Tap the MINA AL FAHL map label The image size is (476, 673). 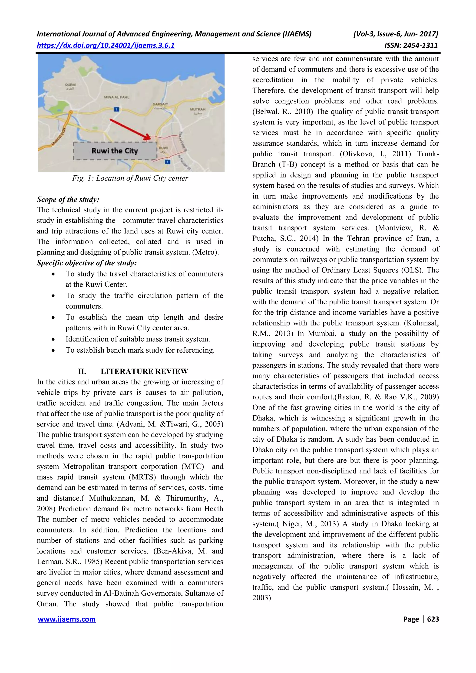[x=116, y=97]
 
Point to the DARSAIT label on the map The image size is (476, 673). [x=160, y=104]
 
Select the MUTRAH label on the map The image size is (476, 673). [x=198, y=109]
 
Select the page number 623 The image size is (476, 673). [x=433, y=619]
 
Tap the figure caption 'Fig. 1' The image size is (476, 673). [x=130, y=178]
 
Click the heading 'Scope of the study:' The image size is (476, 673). [x=68, y=199]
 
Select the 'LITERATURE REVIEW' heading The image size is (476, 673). [x=144, y=371]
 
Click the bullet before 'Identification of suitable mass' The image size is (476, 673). [x=53, y=339]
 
